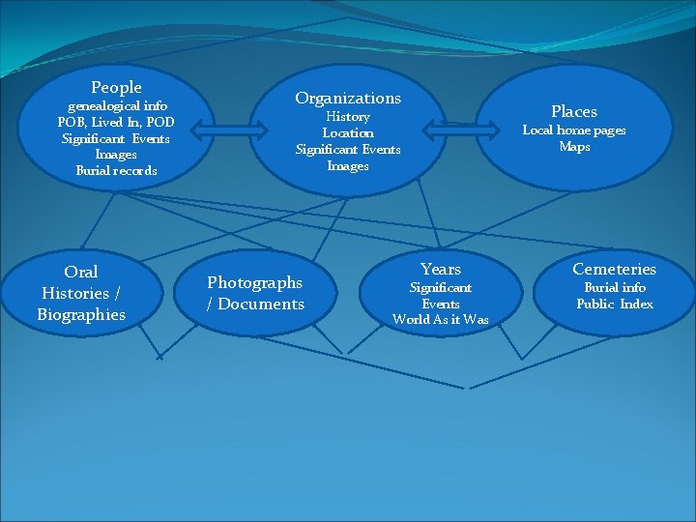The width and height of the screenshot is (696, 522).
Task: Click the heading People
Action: [x=116, y=88]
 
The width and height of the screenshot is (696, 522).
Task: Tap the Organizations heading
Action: [x=348, y=98]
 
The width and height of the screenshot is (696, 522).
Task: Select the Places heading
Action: [x=574, y=111]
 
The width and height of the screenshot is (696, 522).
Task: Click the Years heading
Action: [x=441, y=269]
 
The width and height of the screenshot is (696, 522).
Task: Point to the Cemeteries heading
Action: [x=614, y=269]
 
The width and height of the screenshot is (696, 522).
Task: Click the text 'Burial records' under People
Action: [x=116, y=171]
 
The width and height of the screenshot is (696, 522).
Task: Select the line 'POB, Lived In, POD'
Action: [x=116, y=122]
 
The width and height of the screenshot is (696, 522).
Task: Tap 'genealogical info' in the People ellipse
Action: [x=116, y=105]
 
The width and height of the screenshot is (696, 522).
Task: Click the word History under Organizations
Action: [x=348, y=117]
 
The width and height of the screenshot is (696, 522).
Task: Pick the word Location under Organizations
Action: [x=348, y=133]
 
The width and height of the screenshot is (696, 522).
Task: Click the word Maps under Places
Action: [x=574, y=147]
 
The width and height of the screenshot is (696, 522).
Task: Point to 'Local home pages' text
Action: [x=574, y=130]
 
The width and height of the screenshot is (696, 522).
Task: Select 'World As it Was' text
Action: [x=441, y=320]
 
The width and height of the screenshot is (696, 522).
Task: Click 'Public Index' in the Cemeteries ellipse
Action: [x=615, y=304]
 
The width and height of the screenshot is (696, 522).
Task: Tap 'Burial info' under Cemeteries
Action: [x=615, y=288]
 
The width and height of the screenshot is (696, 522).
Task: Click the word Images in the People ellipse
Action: [x=116, y=155]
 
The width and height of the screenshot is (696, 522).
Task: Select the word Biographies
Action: [x=81, y=314]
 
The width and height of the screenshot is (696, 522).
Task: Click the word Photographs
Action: [x=255, y=282]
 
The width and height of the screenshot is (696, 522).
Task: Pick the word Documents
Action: [x=261, y=304]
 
